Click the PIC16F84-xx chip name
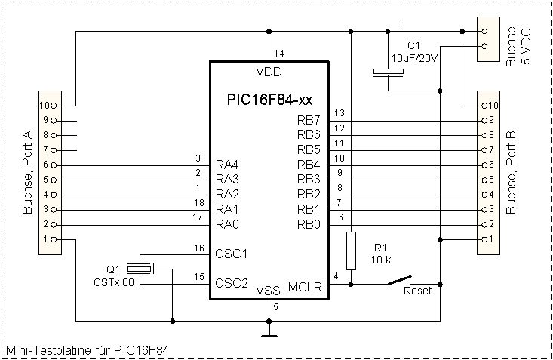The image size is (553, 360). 269,100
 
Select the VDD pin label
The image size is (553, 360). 269,72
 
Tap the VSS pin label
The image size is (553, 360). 268,291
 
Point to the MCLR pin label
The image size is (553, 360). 305,287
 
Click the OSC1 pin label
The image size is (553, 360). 232,254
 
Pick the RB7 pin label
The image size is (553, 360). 309,121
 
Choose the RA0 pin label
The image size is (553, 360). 227,224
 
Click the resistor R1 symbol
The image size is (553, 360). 351,251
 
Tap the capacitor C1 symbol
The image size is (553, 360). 389,72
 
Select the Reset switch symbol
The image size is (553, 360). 400,280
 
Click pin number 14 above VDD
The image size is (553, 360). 278,54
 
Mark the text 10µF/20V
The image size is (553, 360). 414,58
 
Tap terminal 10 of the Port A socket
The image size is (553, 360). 54,106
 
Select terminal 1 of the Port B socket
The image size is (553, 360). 484,240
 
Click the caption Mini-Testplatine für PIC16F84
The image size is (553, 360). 88,350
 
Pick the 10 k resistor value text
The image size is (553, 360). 381,260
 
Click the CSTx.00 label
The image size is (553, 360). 114,283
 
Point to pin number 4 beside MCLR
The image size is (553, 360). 336,276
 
